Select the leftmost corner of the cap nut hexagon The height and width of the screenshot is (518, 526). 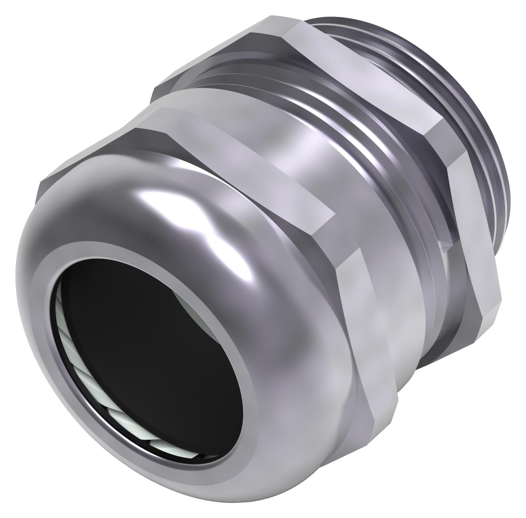point(40,186)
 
